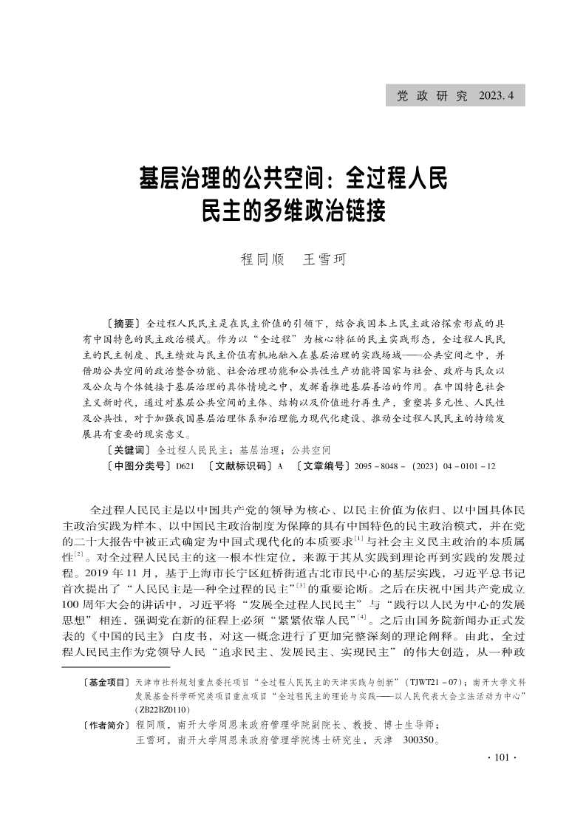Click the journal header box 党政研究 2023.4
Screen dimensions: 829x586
(x=455, y=95)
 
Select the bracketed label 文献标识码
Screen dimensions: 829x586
(x=239, y=466)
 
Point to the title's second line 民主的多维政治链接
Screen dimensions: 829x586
(x=293, y=211)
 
